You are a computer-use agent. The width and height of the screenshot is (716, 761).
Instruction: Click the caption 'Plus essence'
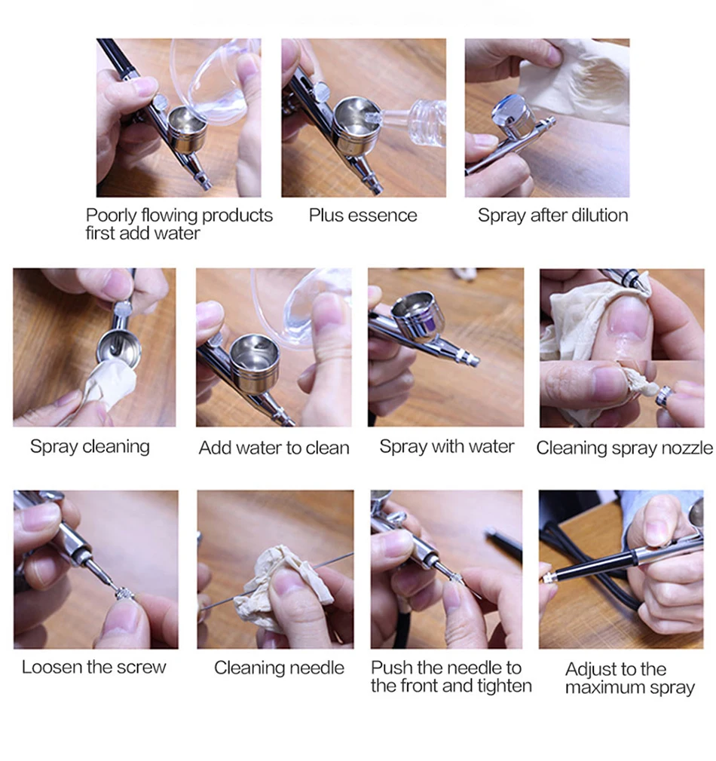coord(363,215)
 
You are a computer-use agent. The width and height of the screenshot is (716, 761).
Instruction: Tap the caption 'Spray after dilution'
coord(552,215)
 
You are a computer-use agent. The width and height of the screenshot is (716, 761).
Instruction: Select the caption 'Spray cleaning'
coord(90,447)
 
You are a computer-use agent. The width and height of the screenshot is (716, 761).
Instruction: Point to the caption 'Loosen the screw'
coord(93,667)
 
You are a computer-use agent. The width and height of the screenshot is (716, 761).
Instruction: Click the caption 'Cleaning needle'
coord(279,668)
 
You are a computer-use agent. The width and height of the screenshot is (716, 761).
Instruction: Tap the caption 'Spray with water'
coord(447,447)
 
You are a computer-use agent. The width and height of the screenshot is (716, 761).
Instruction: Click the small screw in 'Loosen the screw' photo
coord(124,594)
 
